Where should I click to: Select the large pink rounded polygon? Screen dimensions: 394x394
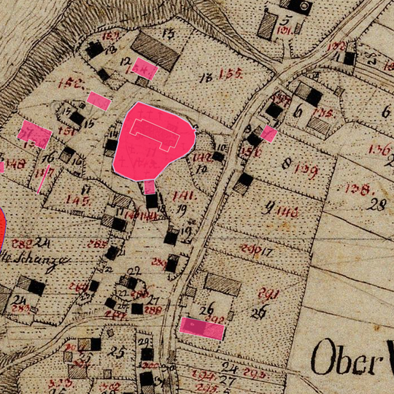coord(153,139)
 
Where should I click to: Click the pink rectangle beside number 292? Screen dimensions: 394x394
coord(201,328)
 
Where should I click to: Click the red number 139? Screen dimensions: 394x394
coord(307,170)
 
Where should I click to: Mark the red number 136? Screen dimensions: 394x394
coord(379,150)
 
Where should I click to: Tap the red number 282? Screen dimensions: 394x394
coord(22,243)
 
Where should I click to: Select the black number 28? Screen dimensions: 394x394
coord(377,204)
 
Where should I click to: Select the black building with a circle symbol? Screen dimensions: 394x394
coord(299,5)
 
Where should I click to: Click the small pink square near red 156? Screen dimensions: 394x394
coord(269,133)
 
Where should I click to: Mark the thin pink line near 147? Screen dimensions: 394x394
coord(44,179)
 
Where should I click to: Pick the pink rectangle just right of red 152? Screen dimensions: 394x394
coord(98,101)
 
